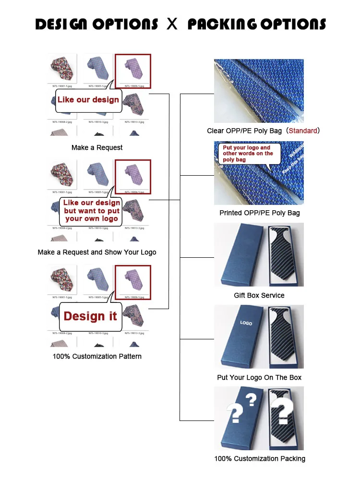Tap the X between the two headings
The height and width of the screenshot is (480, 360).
(172, 24)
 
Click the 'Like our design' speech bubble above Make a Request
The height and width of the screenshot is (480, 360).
(88, 100)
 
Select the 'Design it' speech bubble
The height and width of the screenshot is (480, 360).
(90, 316)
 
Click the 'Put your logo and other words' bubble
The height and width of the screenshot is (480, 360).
(247, 154)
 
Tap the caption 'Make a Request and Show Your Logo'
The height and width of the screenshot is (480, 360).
(97, 252)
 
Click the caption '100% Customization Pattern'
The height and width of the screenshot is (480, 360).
(97, 356)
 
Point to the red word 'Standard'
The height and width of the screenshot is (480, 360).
(302, 131)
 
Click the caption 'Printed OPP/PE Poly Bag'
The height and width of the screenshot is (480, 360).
(259, 213)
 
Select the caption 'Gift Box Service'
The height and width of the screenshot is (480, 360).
(259, 295)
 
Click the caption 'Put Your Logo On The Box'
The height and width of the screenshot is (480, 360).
(259, 377)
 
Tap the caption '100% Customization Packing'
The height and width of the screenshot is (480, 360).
(259, 458)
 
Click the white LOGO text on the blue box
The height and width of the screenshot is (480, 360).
(246, 323)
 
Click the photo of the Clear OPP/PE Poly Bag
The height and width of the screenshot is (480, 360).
(259, 91)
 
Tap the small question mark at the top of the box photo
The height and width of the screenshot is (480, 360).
(251, 399)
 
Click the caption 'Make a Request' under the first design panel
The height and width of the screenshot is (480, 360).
(97, 147)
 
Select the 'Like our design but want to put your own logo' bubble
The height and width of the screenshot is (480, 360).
(91, 211)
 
